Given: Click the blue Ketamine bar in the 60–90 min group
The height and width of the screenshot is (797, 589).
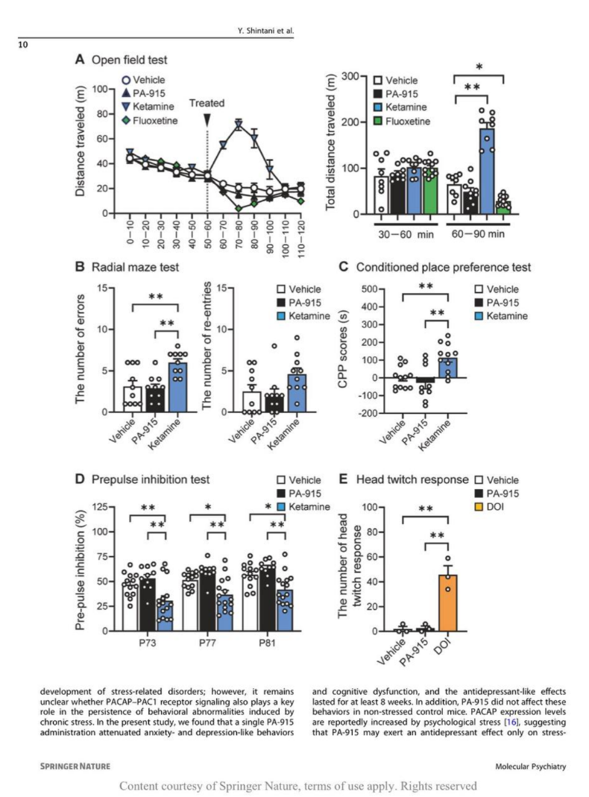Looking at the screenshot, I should tap(486, 168).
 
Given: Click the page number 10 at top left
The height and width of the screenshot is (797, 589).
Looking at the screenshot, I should tap(24, 45).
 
